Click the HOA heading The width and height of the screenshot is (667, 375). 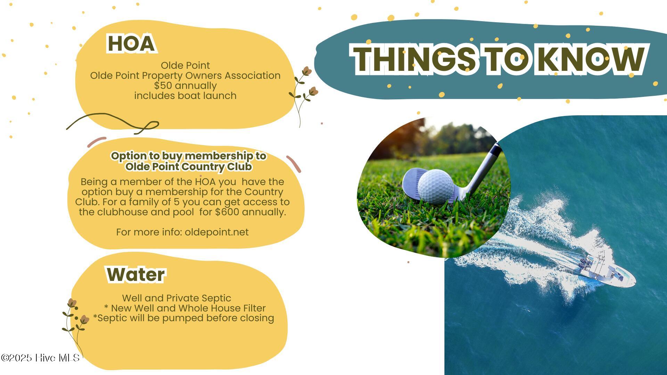click(131, 43)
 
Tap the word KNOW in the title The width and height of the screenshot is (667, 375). click(591, 59)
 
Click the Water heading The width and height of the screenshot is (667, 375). click(136, 275)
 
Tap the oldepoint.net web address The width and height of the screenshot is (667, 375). click(217, 232)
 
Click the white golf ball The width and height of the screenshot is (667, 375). click(436, 186)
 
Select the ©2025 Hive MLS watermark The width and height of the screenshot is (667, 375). click(40, 358)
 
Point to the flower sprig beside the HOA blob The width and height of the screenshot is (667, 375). click(304, 94)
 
